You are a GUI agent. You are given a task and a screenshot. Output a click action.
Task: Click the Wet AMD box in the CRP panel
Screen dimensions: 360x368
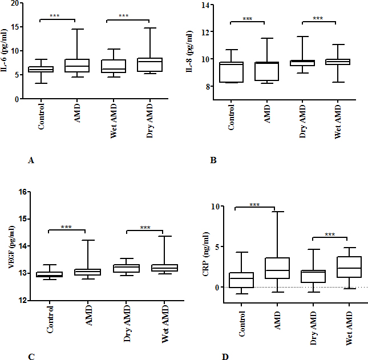349,267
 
